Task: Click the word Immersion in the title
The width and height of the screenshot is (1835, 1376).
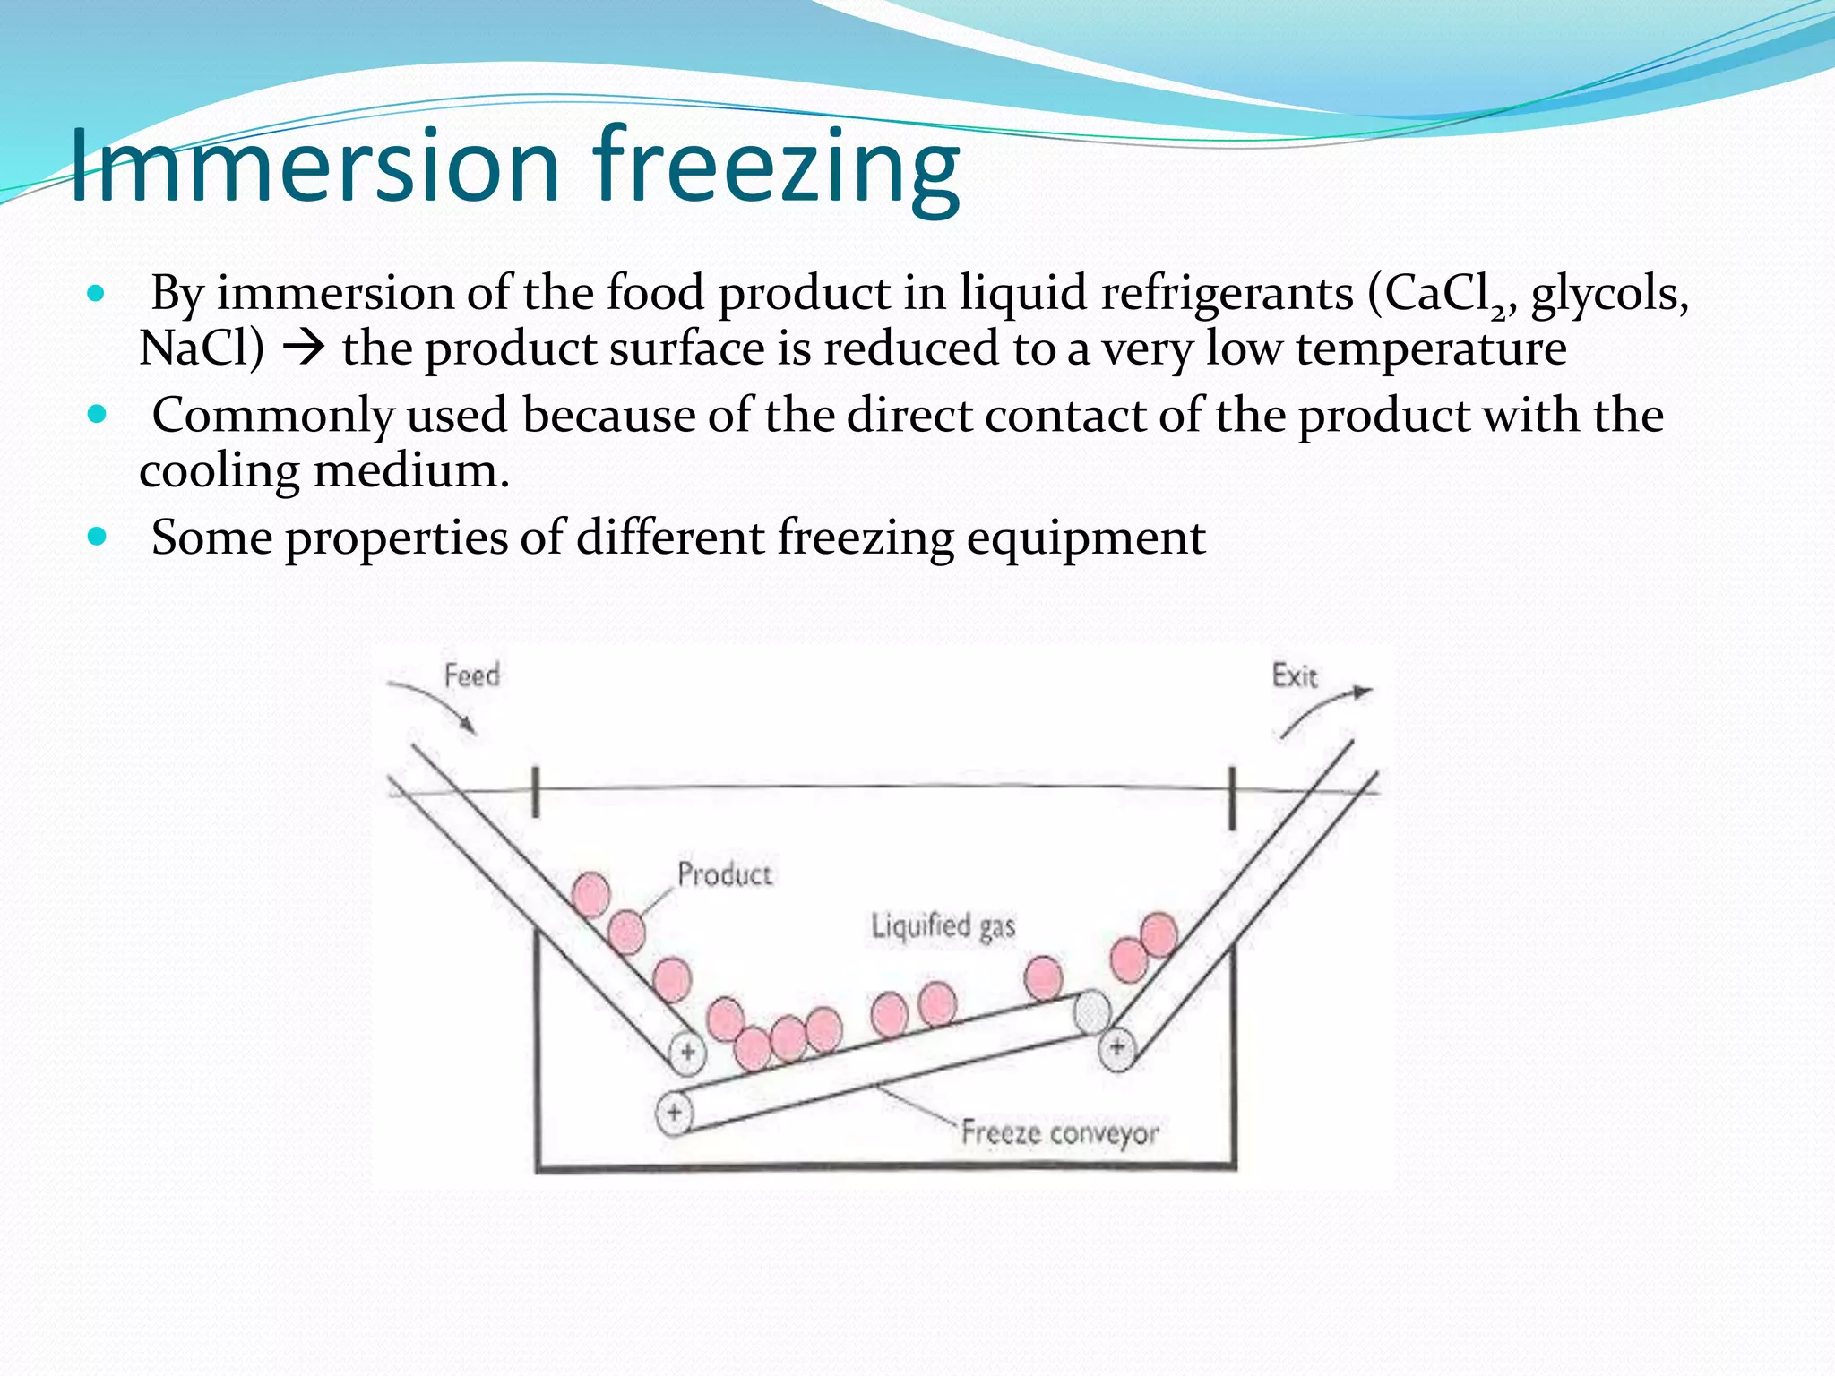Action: click(x=314, y=166)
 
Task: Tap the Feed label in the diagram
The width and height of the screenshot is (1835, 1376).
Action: click(x=471, y=675)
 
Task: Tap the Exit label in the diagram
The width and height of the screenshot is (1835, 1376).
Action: click(x=1295, y=675)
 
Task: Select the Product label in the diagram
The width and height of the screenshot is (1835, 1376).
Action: click(x=724, y=873)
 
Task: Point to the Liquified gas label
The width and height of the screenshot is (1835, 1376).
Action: click(x=943, y=925)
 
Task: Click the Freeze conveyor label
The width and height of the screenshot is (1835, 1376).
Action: click(x=1060, y=1132)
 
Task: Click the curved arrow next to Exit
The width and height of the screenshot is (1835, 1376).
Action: click(x=1322, y=710)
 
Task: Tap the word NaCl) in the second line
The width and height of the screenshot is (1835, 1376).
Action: click(x=202, y=348)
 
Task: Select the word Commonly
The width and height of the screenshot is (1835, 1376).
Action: click(x=273, y=416)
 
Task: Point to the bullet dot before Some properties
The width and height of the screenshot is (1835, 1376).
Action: click(x=97, y=537)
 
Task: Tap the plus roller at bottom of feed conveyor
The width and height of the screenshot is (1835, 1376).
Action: click(x=687, y=1052)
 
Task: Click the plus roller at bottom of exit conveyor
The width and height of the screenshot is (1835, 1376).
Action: click(x=1116, y=1045)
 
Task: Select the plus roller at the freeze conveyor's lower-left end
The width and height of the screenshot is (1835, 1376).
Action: click(x=674, y=1113)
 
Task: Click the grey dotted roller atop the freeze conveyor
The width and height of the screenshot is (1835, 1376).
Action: click(x=1091, y=1012)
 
